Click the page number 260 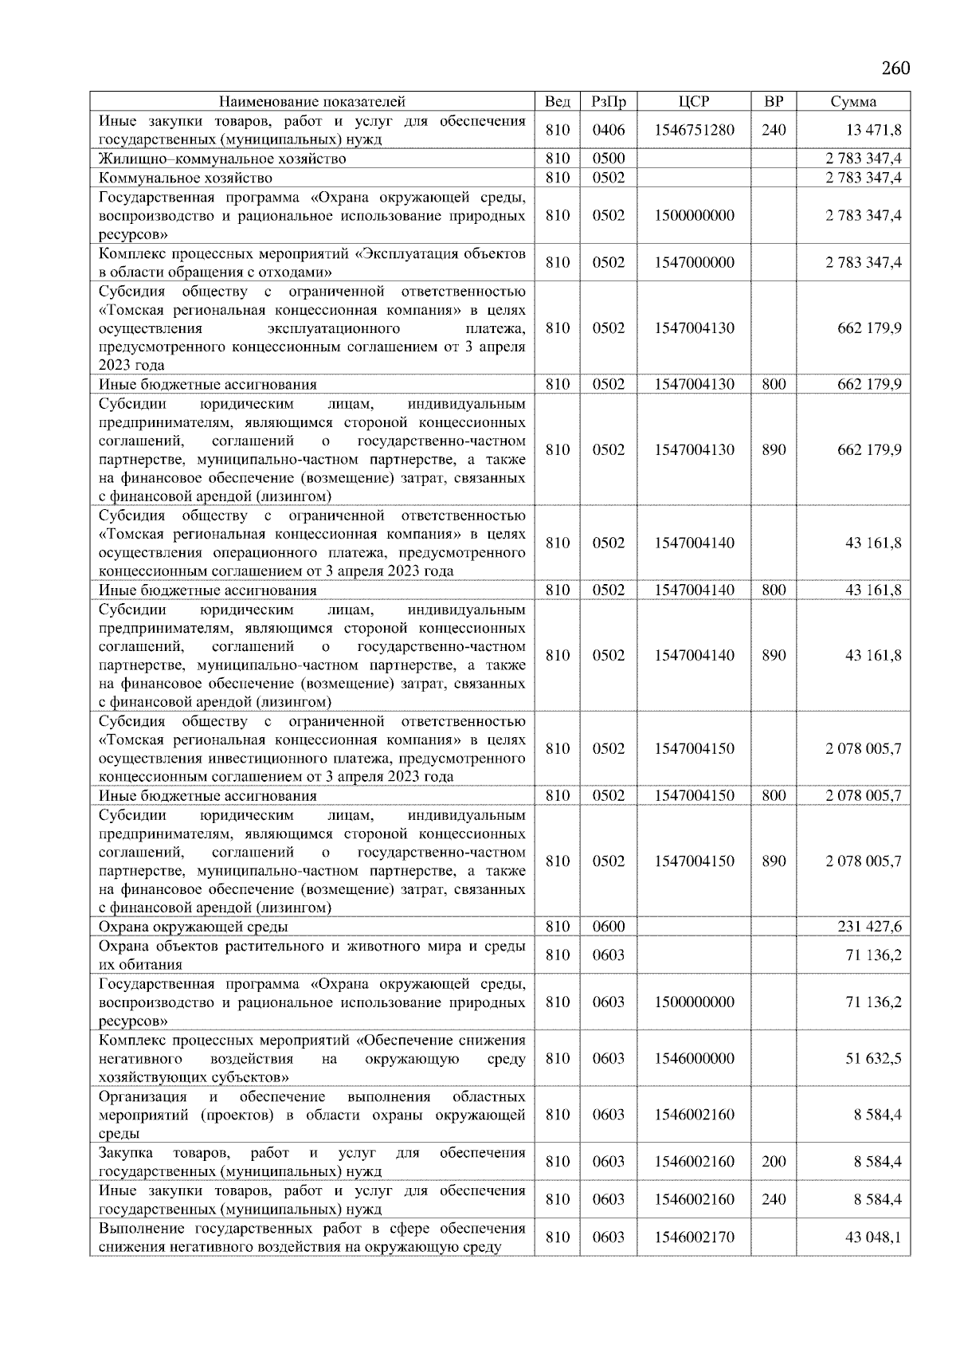tap(895, 68)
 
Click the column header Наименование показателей tap(311, 101)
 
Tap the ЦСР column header tap(694, 101)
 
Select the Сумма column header tap(853, 101)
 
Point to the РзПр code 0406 tap(609, 130)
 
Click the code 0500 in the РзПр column tap(609, 159)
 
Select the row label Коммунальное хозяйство tap(186, 178)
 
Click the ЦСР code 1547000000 tap(694, 262)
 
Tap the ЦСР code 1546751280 tap(694, 130)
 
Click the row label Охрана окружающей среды tap(194, 927)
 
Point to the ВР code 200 tap(774, 1162)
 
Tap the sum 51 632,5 tap(873, 1058)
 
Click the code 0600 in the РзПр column tap(609, 927)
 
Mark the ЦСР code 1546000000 tap(694, 1058)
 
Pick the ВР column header tap(774, 101)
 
